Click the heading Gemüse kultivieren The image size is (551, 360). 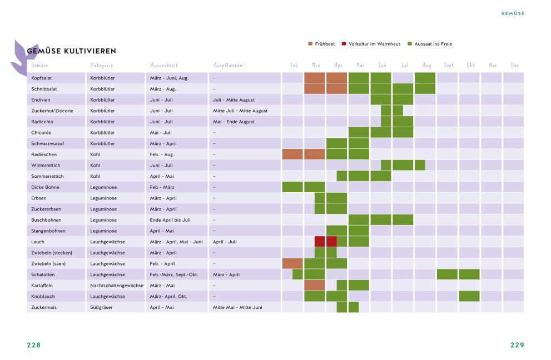(x=71, y=51)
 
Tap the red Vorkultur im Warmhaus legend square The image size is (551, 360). (x=344, y=43)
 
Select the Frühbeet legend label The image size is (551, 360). (x=325, y=43)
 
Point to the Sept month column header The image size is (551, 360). (x=448, y=66)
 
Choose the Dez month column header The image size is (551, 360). (x=514, y=66)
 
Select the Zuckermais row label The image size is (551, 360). (x=44, y=307)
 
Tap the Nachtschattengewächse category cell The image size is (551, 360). (x=116, y=286)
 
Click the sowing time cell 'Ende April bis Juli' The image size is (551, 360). (x=170, y=220)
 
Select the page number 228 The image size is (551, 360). (x=34, y=344)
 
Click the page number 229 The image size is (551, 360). (x=517, y=344)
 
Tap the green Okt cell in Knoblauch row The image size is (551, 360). (x=469, y=296)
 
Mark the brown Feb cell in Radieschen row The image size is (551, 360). (x=292, y=154)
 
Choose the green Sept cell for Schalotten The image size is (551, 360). (x=447, y=274)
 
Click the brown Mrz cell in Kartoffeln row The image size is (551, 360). (x=314, y=285)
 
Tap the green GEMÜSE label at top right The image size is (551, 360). (x=513, y=13)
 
